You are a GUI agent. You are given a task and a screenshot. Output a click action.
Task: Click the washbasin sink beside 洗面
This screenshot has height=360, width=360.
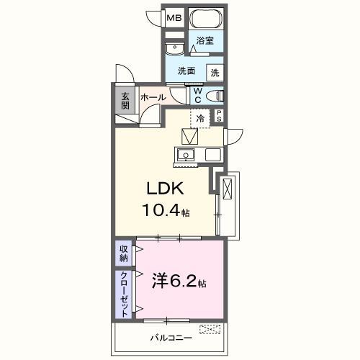pos(174,49)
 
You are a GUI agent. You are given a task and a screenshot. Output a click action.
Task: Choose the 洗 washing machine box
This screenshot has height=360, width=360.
pos(215,72)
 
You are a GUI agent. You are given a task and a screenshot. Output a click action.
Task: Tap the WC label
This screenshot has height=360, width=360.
pos(197,96)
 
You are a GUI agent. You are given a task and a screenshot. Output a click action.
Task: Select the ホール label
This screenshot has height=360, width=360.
pos(153,97)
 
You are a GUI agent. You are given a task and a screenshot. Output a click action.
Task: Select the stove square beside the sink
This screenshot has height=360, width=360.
pos(213,154)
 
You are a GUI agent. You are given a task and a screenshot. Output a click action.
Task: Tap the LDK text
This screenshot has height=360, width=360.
pos(166,189)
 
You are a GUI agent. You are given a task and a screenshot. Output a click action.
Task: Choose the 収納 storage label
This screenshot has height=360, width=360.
pos(124,253)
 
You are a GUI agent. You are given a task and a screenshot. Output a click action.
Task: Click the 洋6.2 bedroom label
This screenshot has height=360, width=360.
pos(179,281)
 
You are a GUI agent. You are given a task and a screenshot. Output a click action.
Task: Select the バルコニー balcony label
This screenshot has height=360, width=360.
pos(171,337)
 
